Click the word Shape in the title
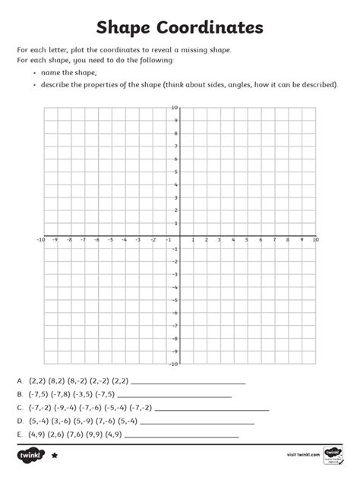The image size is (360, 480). point(131,29)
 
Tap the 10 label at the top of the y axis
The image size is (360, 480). point(175,108)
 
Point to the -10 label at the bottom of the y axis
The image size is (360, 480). point(173,364)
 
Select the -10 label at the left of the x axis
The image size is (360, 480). point(40,240)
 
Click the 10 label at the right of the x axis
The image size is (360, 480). point(315,240)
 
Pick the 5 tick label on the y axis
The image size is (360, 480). point(175,172)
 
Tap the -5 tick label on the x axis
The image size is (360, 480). point(111,240)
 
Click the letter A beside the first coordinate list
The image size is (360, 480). point(19,381)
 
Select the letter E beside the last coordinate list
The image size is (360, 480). point(19,435)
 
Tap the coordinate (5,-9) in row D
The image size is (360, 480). point(84,422)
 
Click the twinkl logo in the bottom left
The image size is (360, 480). point(31,454)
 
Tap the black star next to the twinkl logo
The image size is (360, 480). point(55,456)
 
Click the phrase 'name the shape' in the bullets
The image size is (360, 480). point(67,73)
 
